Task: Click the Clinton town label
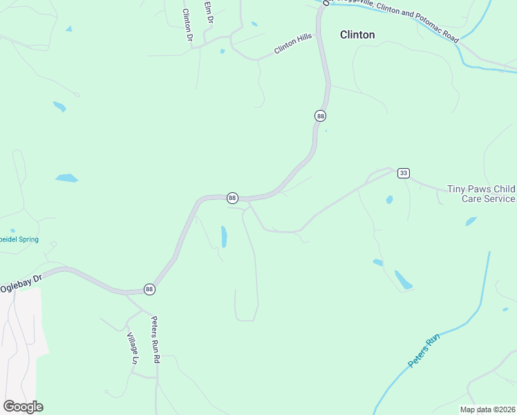pos(357,35)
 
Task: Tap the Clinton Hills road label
pos(293,44)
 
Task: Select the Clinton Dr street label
pos(187,25)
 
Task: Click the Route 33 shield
pos(404,173)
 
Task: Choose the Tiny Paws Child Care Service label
pos(481,194)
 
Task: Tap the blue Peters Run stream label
pos(423,351)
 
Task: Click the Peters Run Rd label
pos(156,340)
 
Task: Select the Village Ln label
pos(132,349)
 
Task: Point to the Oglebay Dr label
pos(21,282)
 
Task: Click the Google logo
pos(23,407)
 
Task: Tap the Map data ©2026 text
pos(487,409)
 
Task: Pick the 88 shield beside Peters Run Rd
pos(149,288)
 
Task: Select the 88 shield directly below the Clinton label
pos(320,116)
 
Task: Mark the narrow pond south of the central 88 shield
pos(224,237)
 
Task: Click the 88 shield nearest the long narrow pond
pos(232,198)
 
